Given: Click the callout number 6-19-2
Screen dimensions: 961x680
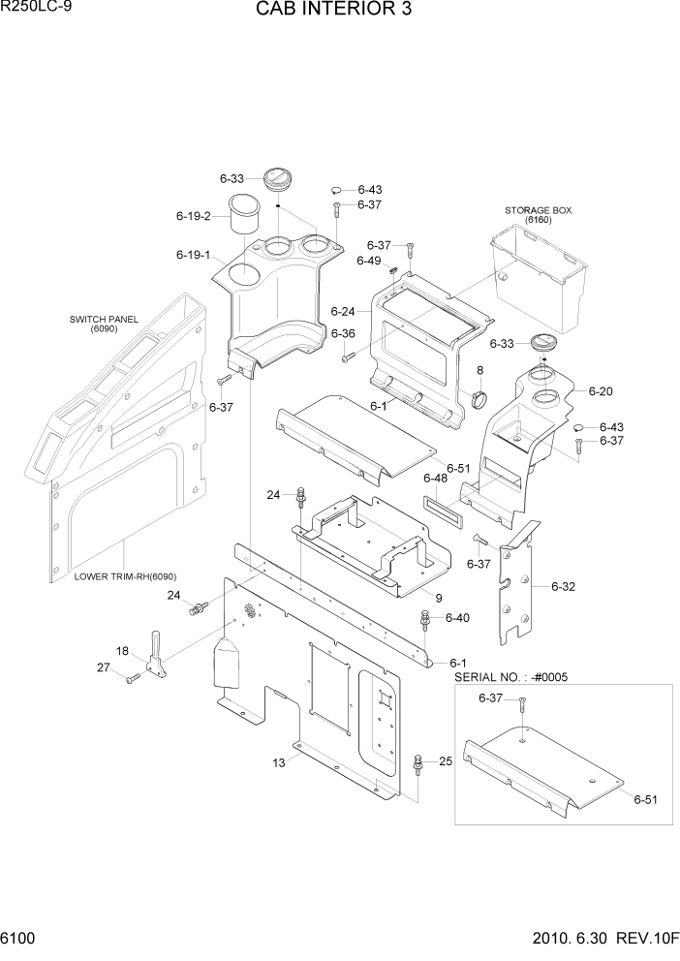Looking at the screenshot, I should pyautogui.click(x=193, y=216).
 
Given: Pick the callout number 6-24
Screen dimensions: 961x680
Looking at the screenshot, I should pyautogui.click(x=343, y=312).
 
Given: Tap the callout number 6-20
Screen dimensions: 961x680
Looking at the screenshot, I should pyautogui.click(x=601, y=391).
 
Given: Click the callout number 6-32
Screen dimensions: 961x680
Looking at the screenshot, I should pyautogui.click(x=564, y=586).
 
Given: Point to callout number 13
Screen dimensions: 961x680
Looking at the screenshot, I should pyautogui.click(x=279, y=763).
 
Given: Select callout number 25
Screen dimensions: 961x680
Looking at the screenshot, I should pyautogui.click(x=446, y=761).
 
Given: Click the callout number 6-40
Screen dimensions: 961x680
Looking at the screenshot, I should pyautogui.click(x=457, y=617).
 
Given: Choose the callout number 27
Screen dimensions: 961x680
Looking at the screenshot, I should pyautogui.click(x=103, y=666).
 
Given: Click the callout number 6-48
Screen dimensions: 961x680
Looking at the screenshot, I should pyautogui.click(x=435, y=478).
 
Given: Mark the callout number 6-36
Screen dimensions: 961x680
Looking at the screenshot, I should pyautogui.click(x=343, y=334).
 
